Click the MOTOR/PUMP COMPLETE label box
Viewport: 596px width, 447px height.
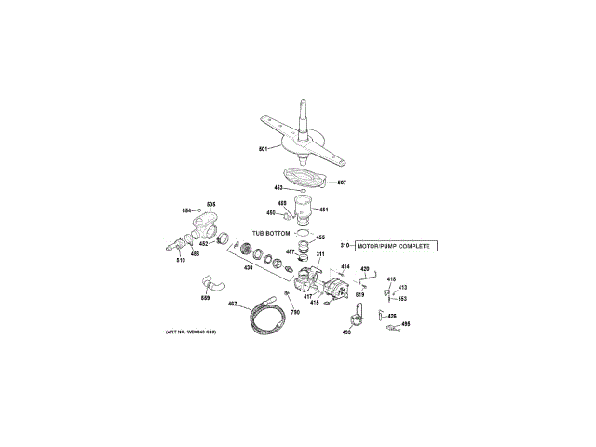pyautogui.click(x=395, y=246)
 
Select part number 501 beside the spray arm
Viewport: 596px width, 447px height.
pyautogui.click(x=264, y=149)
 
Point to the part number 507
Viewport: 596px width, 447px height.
pyautogui.click(x=342, y=182)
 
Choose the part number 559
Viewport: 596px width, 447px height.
pyautogui.click(x=205, y=298)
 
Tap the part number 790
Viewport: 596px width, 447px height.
pyautogui.click(x=295, y=312)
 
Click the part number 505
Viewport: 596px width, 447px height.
pyautogui.click(x=210, y=204)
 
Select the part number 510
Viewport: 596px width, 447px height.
pyautogui.click(x=181, y=260)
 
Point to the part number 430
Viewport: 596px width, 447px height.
pyautogui.click(x=248, y=267)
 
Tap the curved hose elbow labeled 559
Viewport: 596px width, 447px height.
pyautogui.click(x=212, y=283)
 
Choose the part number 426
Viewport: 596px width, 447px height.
pyautogui.click(x=392, y=317)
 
